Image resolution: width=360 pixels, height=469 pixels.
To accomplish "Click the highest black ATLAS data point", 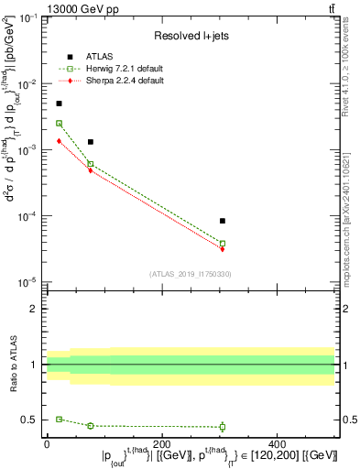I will coord(60,104).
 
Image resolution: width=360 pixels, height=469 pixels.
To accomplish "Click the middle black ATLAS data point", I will coord(91,142).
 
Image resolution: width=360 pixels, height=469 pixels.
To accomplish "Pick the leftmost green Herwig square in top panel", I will coord(60,123).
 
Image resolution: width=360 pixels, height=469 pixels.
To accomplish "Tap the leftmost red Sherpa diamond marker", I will coord(60,141).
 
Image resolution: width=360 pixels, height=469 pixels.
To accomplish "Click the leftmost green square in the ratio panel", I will coord(60,419).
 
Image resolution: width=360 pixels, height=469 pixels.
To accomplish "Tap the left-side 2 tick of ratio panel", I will coord(35,309).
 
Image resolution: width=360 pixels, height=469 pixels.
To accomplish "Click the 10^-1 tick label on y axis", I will coord(27,18).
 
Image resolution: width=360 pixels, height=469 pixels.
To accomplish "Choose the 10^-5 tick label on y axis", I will coord(27,282).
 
